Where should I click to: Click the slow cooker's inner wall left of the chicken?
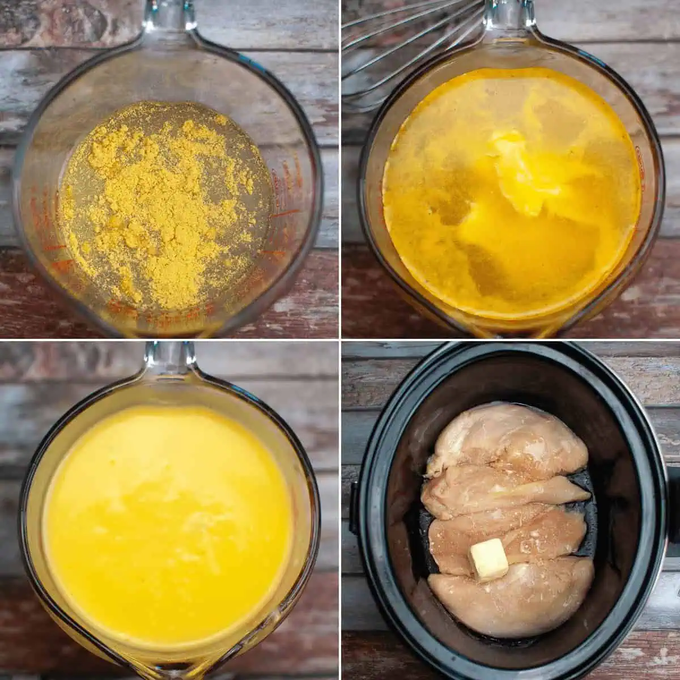[397, 510]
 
